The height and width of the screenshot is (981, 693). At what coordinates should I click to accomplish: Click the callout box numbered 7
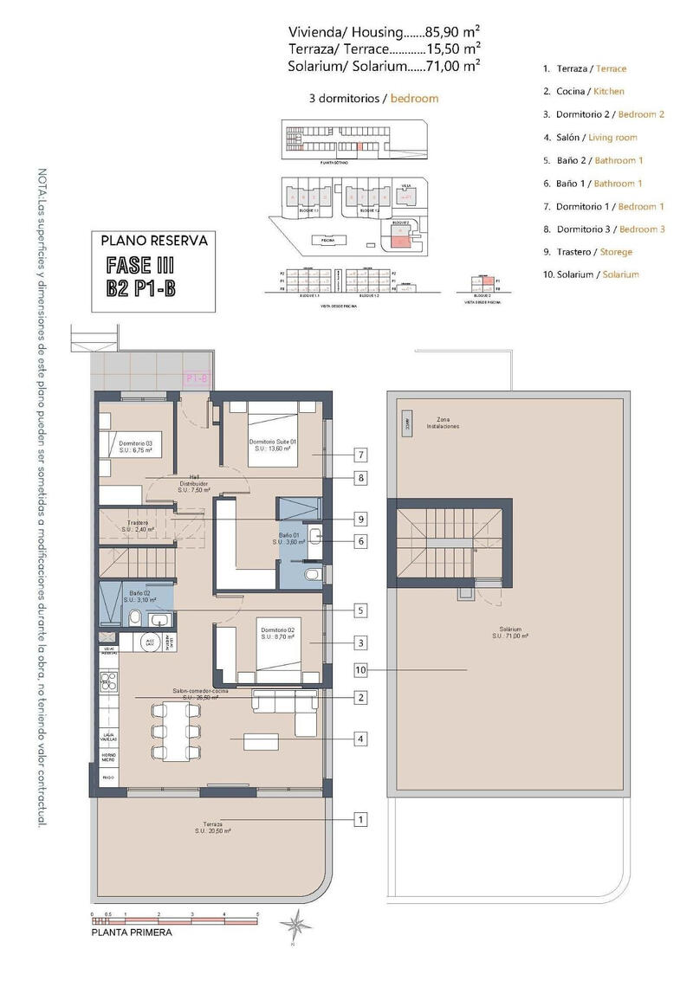pos(360,455)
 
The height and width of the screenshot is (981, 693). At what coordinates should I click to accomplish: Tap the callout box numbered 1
pos(360,818)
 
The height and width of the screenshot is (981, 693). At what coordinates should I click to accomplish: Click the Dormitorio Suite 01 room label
pos(273,445)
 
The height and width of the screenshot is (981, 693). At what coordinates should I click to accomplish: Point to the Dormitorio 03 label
pos(136,447)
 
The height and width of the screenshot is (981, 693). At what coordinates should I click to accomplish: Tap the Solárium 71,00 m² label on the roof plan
pos(511,633)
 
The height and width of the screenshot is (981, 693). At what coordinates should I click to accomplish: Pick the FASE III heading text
pos(142,266)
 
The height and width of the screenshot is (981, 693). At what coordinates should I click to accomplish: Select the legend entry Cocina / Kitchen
pos(584,91)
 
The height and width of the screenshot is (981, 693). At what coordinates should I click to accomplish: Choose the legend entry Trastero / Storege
pos(587,252)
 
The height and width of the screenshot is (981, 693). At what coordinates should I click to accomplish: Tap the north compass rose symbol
pos(293,924)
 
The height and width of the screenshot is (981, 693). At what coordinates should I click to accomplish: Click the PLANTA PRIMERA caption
pos(132,933)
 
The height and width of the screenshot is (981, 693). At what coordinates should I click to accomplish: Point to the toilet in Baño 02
pos(135,617)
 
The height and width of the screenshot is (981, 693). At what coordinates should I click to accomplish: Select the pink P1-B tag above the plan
pos(198,378)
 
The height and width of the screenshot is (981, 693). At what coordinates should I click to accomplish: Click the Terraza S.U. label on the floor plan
pos(213,827)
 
